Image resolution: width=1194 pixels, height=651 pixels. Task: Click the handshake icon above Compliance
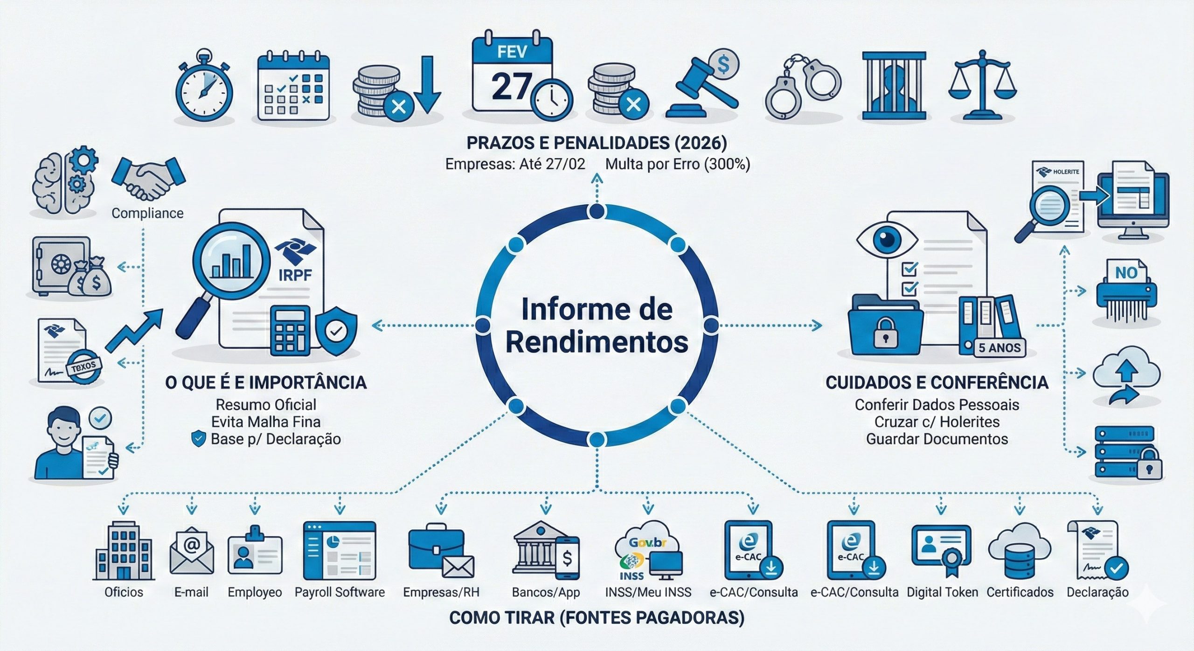click(148, 178)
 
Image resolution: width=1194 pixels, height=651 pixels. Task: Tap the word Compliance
click(147, 213)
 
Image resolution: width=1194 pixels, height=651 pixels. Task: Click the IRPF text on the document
click(295, 275)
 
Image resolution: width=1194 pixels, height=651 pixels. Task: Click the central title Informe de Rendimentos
click(597, 325)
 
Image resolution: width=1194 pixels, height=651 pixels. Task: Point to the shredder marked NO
click(1125, 292)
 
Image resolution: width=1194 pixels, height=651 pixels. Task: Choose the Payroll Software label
click(340, 592)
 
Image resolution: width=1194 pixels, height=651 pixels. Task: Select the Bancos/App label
click(546, 592)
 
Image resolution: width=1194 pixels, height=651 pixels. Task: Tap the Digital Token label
click(942, 592)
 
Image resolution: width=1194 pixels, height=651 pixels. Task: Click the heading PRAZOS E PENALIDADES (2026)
click(597, 143)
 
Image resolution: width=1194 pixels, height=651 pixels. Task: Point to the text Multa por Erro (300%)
click(678, 164)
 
